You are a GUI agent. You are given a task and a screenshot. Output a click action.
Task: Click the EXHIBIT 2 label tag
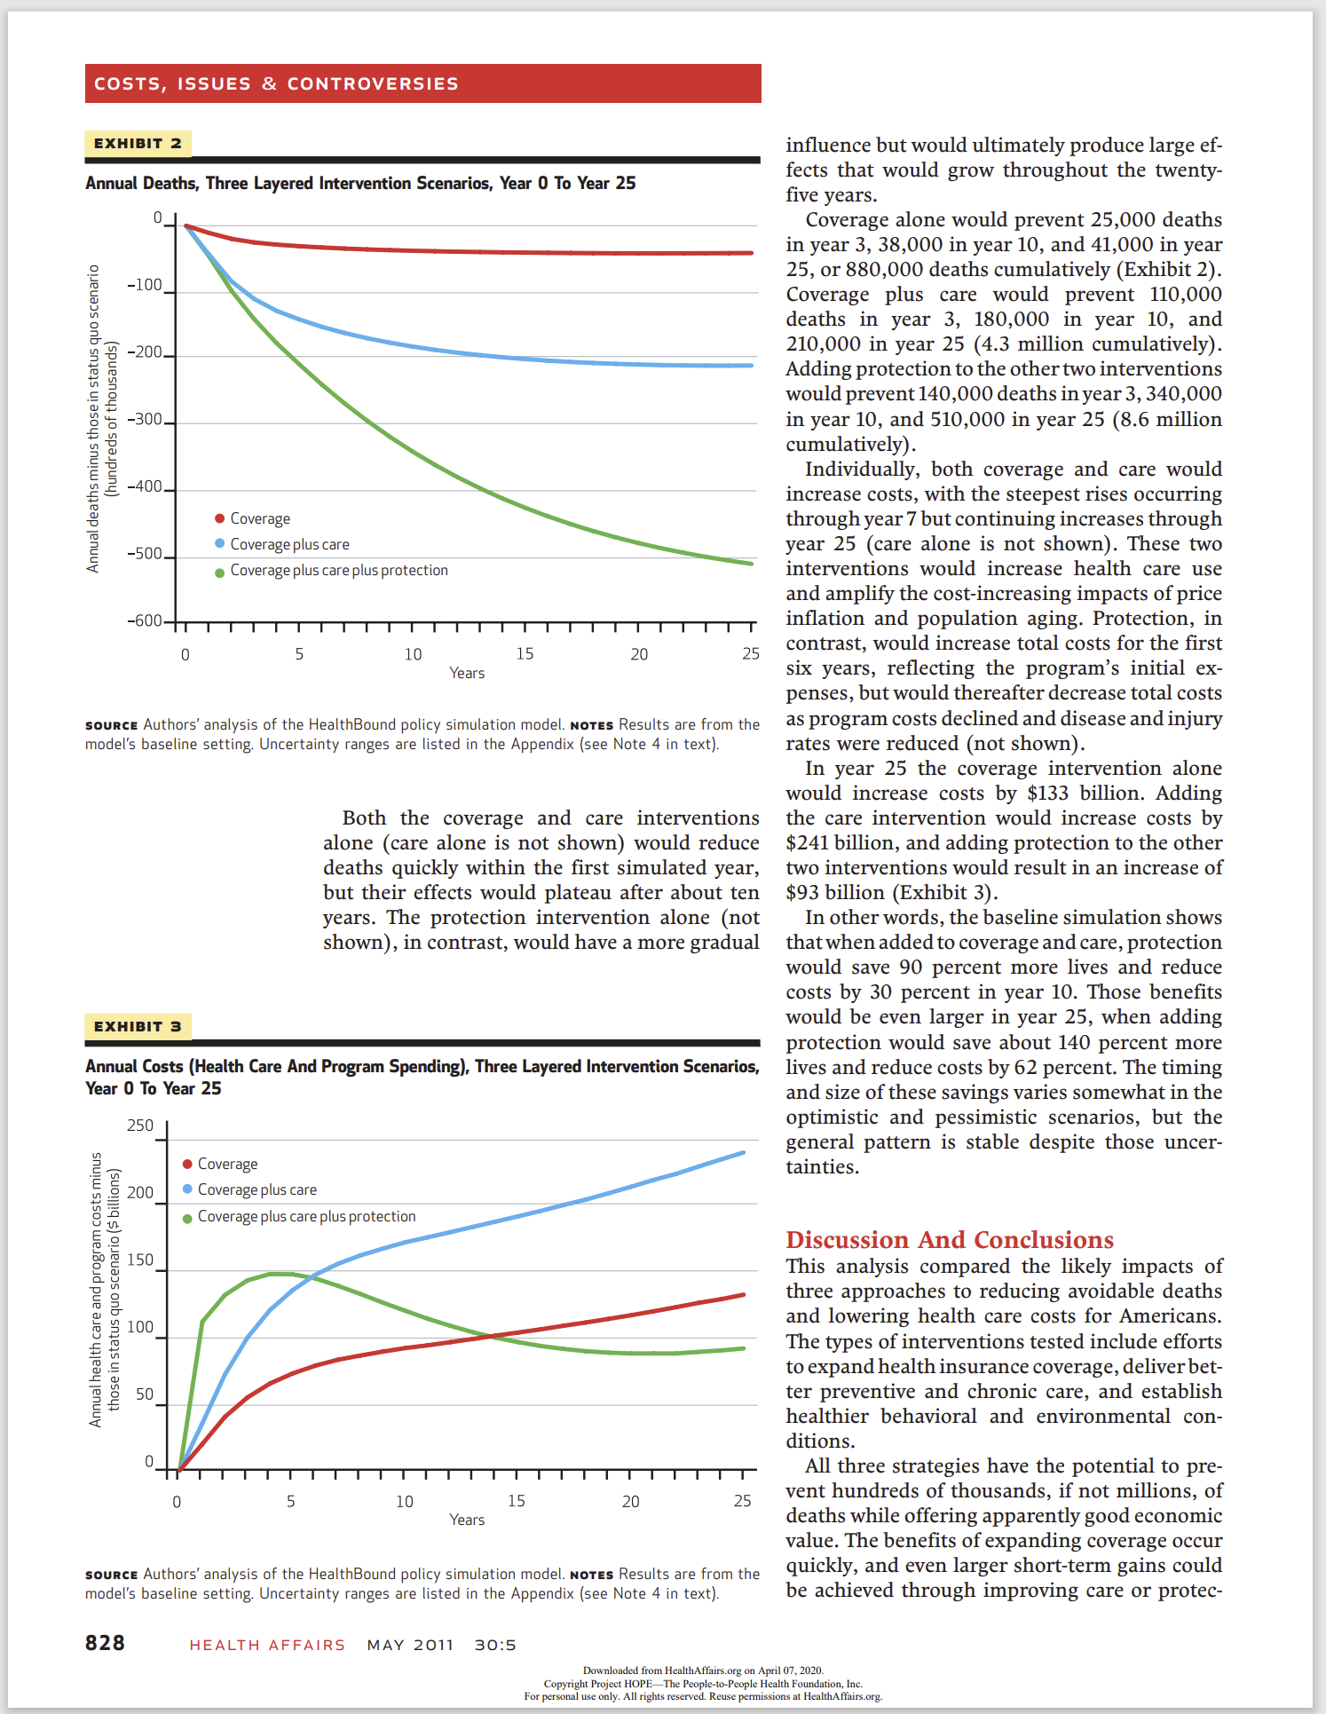point(138,144)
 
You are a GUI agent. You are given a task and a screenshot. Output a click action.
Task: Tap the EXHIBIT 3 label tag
point(138,1027)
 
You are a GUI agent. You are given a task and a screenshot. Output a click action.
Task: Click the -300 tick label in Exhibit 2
point(146,419)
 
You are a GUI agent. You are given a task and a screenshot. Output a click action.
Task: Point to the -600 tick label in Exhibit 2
point(146,621)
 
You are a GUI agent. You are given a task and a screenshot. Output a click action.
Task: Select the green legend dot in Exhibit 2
point(219,573)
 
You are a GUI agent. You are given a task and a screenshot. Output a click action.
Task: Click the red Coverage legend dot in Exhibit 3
point(187,1164)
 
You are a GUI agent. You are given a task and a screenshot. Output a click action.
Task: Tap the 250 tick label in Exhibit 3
point(140,1126)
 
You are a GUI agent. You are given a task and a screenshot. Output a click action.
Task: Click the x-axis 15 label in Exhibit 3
point(517,1501)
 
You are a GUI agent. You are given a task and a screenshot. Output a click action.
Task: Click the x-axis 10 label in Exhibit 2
point(413,654)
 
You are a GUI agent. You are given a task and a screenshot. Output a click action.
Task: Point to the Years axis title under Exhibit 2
point(467,673)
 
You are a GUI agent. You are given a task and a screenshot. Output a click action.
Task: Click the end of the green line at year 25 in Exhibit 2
point(751,563)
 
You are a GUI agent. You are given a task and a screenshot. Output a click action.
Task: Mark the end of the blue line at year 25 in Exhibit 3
point(743,1153)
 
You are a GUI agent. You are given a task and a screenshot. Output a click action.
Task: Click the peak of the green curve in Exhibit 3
point(280,1274)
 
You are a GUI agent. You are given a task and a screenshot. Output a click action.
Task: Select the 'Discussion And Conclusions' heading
point(950,1240)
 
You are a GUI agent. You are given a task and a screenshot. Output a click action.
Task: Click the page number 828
point(105,1643)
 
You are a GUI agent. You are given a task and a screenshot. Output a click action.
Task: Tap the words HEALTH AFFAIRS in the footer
point(267,1645)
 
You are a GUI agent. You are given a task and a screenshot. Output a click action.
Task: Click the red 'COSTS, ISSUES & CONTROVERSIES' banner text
point(276,83)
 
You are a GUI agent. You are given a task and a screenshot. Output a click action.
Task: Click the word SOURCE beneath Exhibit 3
point(111,1575)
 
